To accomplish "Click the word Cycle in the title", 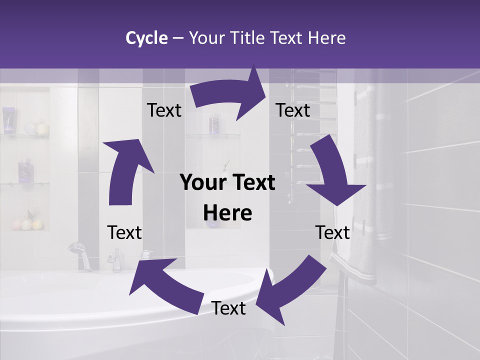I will click(x=146, y=38).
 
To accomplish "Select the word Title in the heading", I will click(x=249, y=38).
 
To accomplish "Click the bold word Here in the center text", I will click(x=227, y=213).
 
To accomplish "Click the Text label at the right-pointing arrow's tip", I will click(x=293, y=110).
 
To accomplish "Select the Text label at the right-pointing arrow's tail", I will click(x=164, y=110).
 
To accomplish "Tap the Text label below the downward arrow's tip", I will click(x=333, y=232).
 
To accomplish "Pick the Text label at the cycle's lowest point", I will click(x=228, y=308).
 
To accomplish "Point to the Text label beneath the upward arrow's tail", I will click(x=125, y=232).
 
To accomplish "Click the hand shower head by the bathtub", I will click(x=76, y=247).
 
